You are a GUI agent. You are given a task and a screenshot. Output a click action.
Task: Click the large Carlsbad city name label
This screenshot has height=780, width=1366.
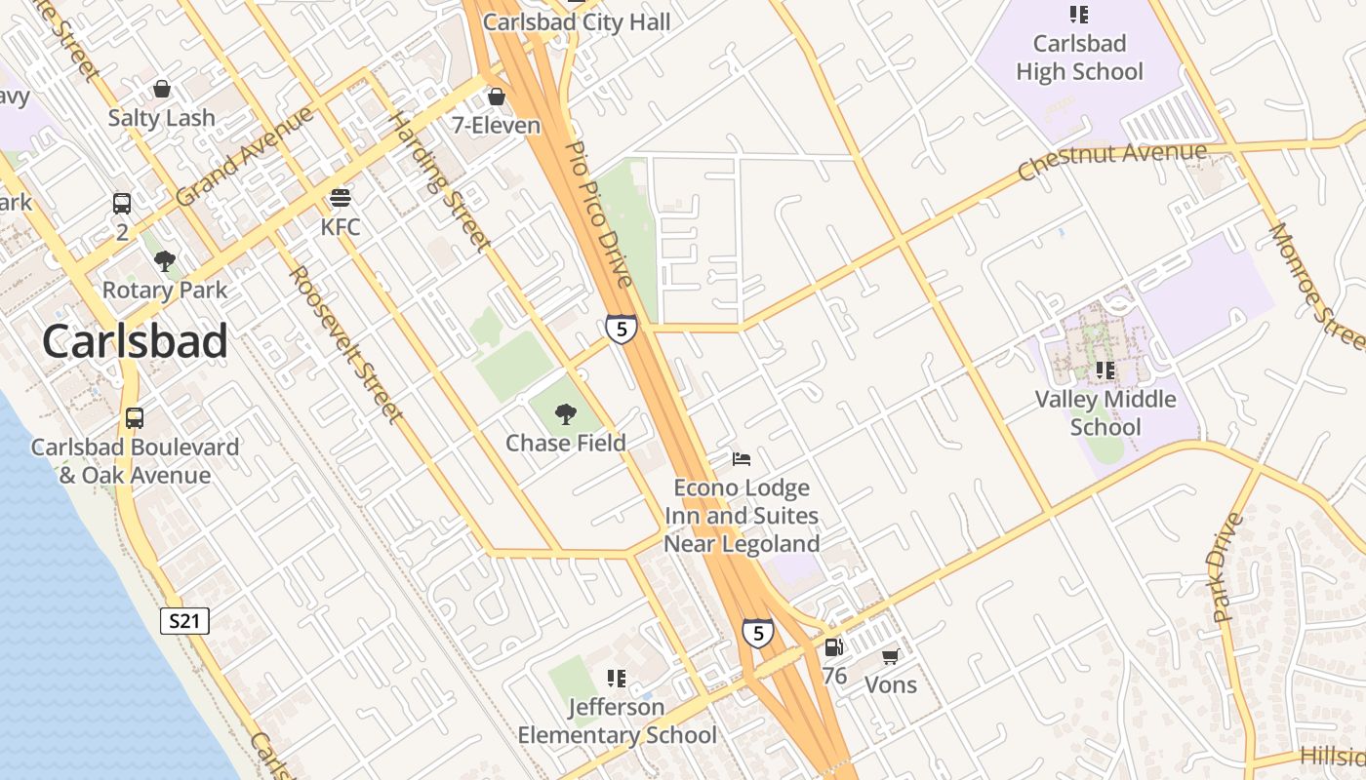click(x=135, y=341)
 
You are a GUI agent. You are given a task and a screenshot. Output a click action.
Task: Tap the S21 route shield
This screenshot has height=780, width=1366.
click(x=184, y=621)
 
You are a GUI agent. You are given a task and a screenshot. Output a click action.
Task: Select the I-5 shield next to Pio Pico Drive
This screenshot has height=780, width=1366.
click(x=621, y=329)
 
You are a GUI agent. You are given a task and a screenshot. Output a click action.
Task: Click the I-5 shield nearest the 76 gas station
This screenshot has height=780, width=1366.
click(x=758, y=633)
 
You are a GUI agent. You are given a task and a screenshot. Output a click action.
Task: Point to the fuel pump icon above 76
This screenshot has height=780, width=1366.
click(x=833, y=647)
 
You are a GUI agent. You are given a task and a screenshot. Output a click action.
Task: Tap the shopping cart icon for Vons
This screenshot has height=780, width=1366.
click(x=890, y=657)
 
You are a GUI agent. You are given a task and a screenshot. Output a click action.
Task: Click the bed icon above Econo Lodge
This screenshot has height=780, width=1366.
click(x=742, y=458)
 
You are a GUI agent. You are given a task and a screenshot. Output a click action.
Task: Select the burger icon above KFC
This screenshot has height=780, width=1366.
click(x=340, y=199)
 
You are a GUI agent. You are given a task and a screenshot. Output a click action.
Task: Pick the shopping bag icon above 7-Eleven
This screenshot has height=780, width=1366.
click(x=496, y=97)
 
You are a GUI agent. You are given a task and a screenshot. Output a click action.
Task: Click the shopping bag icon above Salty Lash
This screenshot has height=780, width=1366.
click(x=162, y=90)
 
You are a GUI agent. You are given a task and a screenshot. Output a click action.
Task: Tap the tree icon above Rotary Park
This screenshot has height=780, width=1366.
click(x=165, y=260)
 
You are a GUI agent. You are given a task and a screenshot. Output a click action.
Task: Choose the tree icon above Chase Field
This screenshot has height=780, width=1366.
click(x=565, y=414)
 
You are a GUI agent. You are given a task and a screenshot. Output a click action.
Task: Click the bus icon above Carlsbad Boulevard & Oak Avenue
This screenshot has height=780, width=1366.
click(x=135, y=418)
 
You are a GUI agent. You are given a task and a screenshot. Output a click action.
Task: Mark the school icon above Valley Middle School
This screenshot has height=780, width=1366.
click(x=1105, y=370)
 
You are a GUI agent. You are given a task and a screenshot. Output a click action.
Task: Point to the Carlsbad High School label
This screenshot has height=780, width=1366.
click(x=1079, y=58)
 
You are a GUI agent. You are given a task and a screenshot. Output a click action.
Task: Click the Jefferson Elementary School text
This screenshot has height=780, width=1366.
click(x=617, y=721)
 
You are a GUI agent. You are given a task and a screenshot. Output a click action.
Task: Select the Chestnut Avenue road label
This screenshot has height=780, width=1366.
click(x=1111, y=162)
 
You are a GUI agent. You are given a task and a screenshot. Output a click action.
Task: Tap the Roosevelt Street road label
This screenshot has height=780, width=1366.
click(x=347, y=345)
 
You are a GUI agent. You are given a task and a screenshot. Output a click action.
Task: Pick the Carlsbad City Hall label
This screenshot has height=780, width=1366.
click(x=577, y=21)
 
